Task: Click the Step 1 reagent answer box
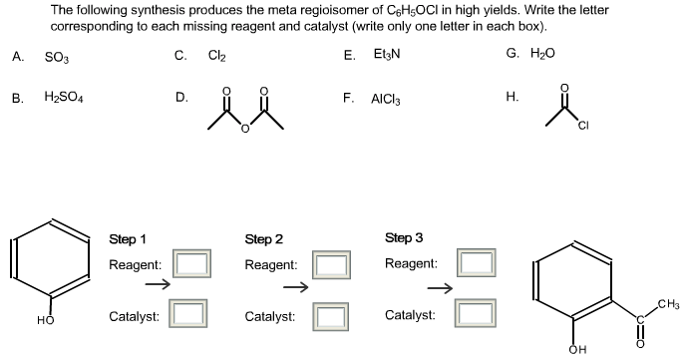coord(192,264)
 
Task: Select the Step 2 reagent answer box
coord(330,264)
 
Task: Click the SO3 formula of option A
coord(56,57)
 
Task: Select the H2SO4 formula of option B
coord(64,99)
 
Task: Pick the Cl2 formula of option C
coord(216,57)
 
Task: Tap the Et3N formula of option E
coord(386,57)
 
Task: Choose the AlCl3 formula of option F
coord(386,100)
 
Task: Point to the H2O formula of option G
coord(543,53)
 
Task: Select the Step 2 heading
coord(264,239)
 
